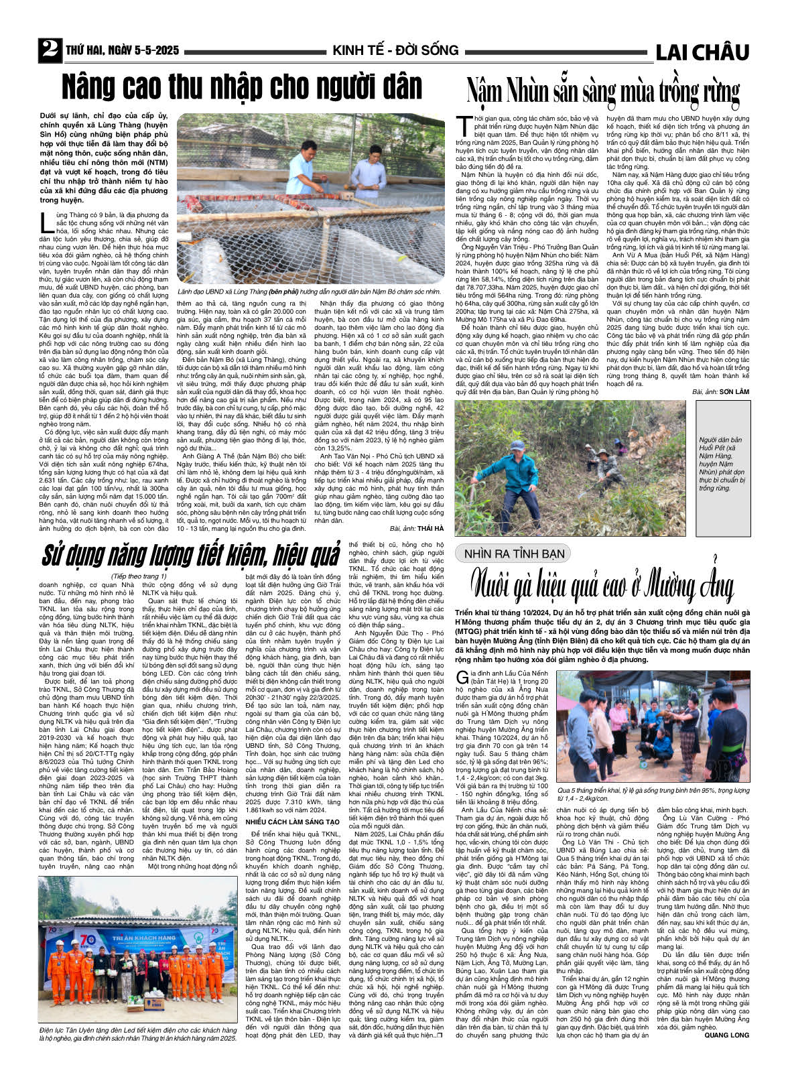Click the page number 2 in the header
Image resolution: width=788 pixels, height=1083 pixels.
coord(49,50)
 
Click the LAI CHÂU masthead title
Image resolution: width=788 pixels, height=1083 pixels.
coord(702,52)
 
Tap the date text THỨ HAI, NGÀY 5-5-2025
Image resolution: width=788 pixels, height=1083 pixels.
coord(122,51)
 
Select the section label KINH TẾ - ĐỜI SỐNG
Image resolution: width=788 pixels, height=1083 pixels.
coord(395,51)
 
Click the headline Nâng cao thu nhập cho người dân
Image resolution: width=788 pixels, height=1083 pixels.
coord(242,88)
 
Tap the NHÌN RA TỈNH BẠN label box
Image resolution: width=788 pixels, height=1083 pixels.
coord(512,554)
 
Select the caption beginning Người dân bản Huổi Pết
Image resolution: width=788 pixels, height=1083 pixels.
coord(722,459)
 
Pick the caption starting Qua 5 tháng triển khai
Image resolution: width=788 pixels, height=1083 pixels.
coord(653,795)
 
